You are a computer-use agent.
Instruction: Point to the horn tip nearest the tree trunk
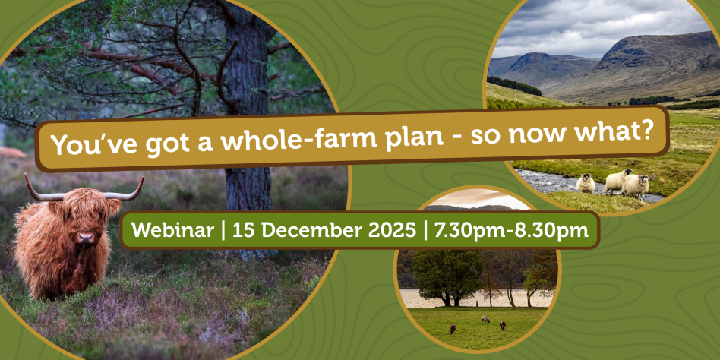click(x=141, y=178)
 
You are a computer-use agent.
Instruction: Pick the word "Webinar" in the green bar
click(x=172, y=230)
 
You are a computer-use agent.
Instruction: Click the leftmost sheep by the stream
click(x=586, y=183)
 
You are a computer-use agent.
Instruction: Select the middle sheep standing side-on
click(x=617, y=181)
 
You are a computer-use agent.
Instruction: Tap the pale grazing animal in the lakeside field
click(x=485, y=319)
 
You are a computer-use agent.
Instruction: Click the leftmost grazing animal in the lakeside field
click(x=453, y=328)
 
